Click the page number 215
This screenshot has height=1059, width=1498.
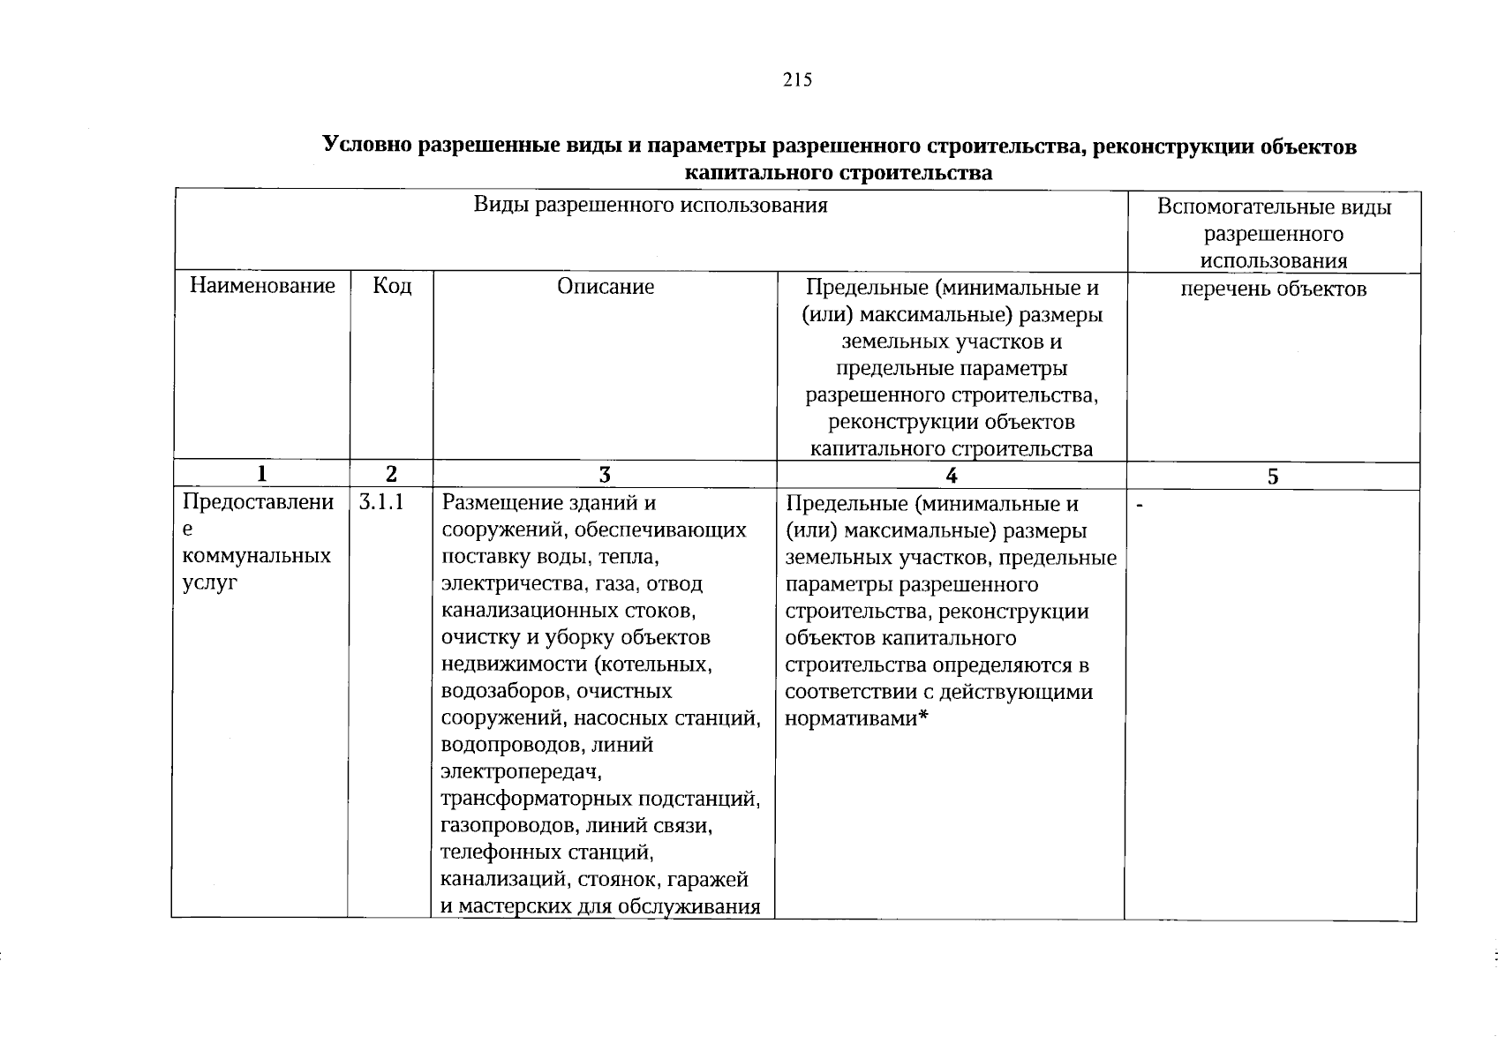click(796, 80)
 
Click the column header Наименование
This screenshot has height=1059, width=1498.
click(262, 286)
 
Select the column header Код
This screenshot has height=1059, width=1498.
click(392, 286)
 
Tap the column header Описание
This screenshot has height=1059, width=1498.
click(606, 287)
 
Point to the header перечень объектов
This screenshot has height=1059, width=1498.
click(1273, 289)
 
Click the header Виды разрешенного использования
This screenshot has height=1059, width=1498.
click(651, 206)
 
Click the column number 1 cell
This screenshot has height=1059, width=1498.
click(261, 475)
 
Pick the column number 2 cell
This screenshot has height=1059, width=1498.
click(391, 475)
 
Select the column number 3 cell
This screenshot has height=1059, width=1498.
click(605, 476)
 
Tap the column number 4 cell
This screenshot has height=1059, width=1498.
click(951, 476)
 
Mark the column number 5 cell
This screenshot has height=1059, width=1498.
click(1272, 477)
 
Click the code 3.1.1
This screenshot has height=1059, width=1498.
click(381, 503)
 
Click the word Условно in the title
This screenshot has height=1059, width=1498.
click(367, 146)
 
